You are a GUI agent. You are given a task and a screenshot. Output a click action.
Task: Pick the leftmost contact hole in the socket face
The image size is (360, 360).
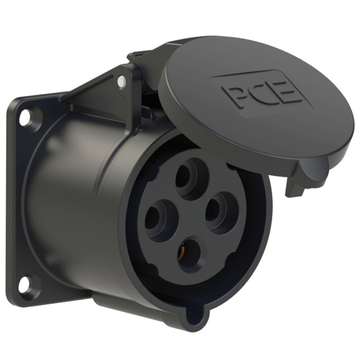[160, 219]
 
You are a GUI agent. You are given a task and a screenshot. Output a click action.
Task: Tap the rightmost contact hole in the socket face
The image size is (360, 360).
[223, 211]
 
